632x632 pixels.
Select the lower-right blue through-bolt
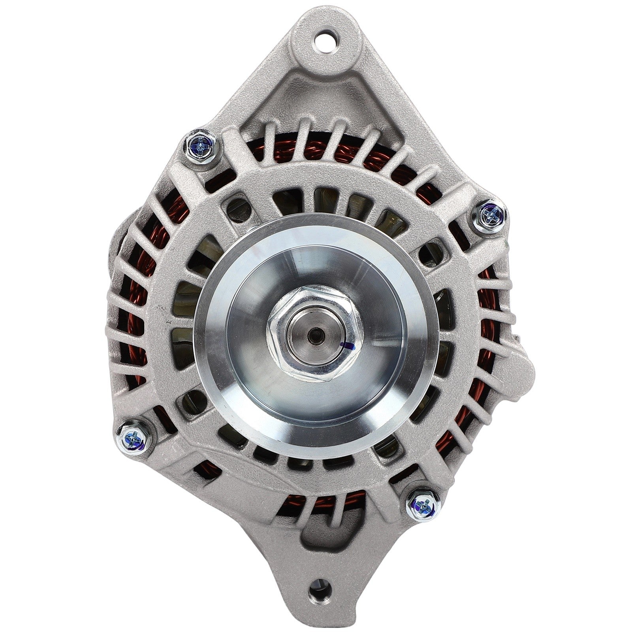pos(422,504)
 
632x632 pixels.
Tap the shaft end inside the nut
pos(312,330)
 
